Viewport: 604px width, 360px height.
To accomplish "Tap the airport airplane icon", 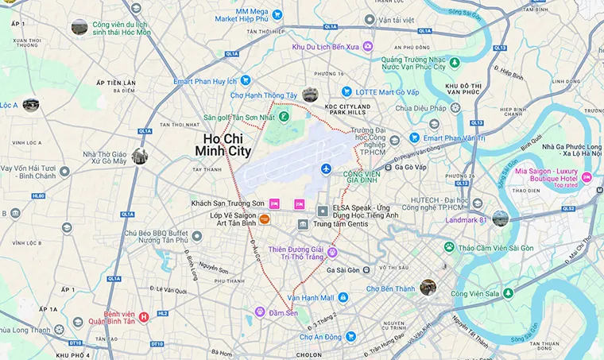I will pos(326,168).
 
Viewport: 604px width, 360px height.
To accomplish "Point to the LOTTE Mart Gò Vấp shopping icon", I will pos(347,92).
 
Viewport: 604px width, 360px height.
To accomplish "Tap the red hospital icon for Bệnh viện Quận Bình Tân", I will pos(144,317).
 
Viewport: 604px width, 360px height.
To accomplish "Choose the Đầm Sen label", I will pos(284,311).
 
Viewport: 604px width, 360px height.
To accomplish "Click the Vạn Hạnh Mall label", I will pos(308,297).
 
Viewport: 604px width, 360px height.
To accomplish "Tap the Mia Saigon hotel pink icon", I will pos(587,176).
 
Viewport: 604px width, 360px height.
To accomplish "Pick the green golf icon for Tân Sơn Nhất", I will pos(282,118).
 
